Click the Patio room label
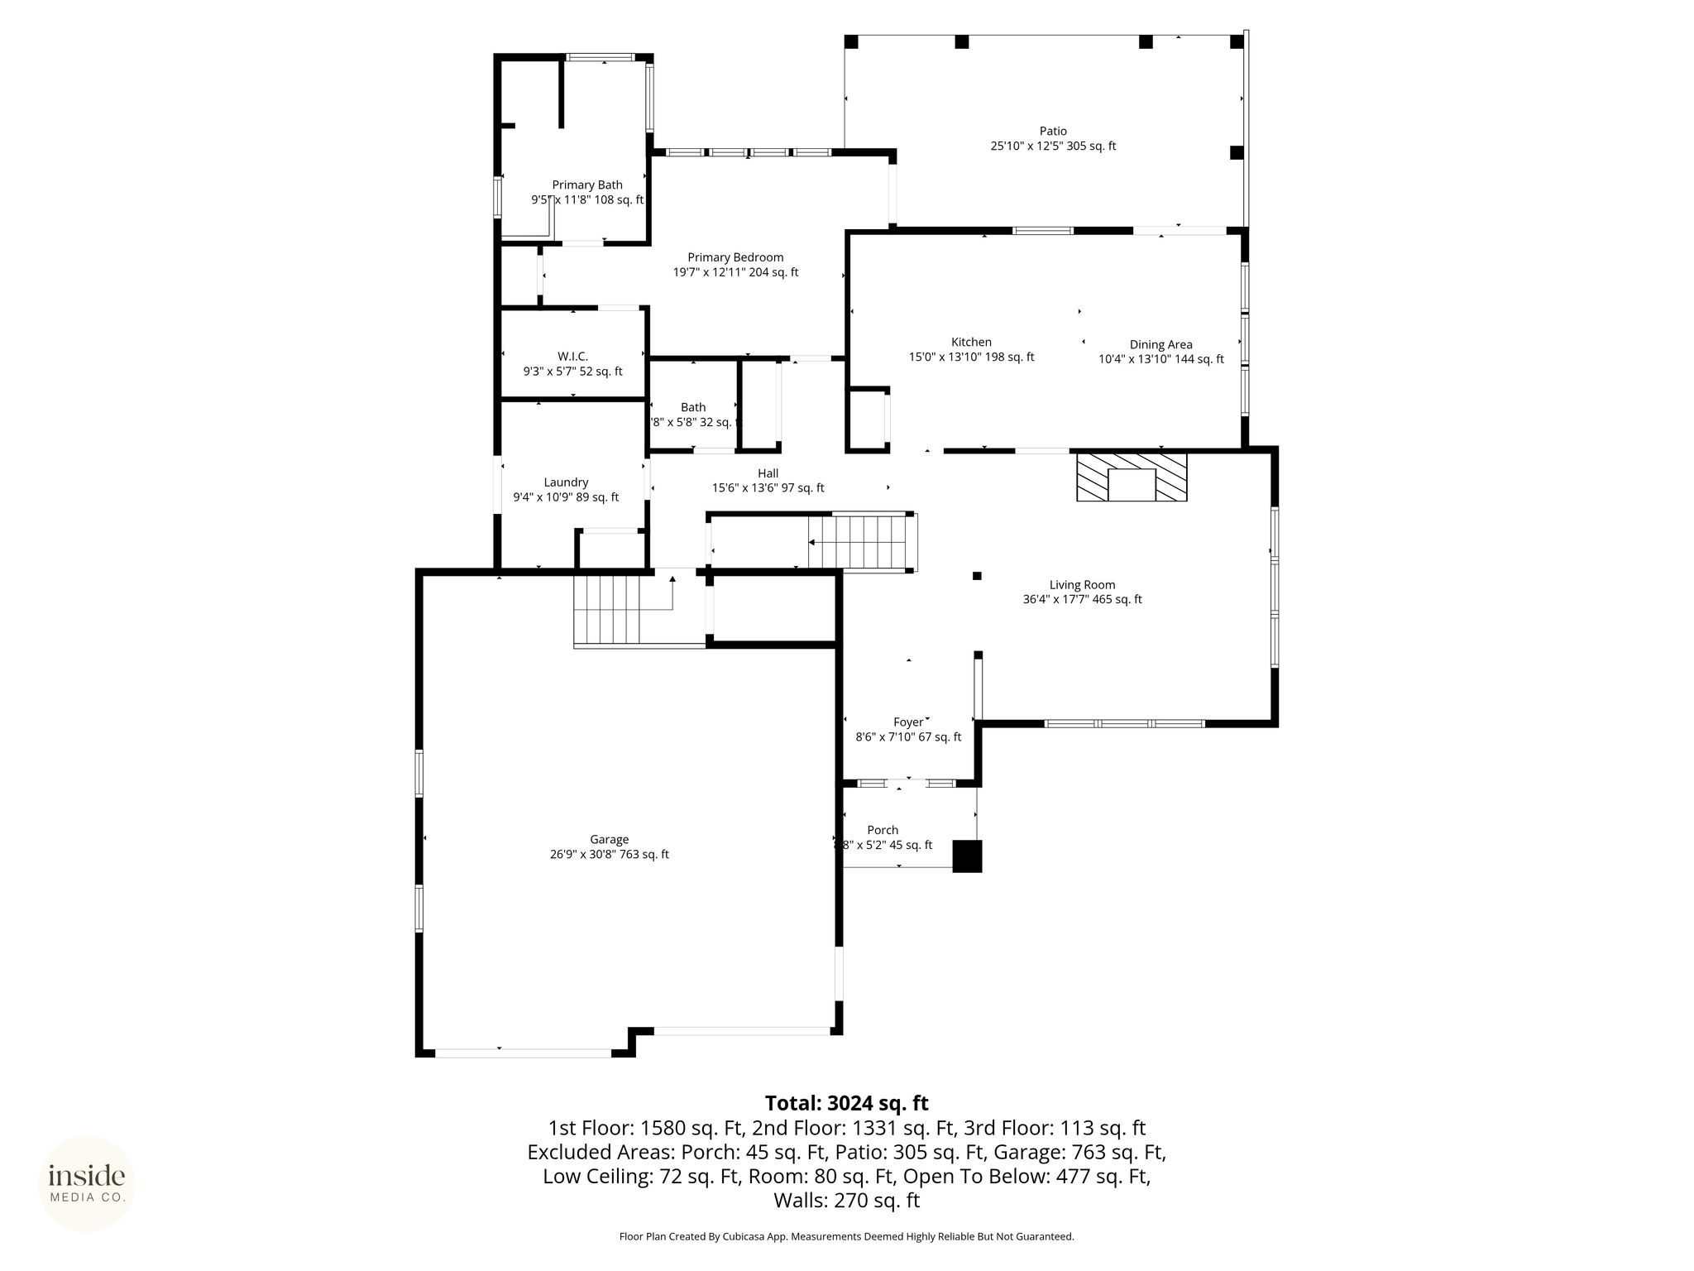(1053, 131)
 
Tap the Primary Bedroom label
(735, 257)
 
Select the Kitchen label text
(971, 342)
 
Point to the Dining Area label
(1160, 344)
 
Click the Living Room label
(1082, 585)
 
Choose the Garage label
(610, 840)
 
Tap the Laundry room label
(566, 482)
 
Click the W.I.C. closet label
(572, 357)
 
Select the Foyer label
(907, 722)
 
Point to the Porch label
(883, 830)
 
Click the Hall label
(768, 473)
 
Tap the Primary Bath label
(587, 185)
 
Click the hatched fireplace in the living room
(1132, 477)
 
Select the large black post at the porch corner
(967, 856)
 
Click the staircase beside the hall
(863, 542)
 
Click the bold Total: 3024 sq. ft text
(846, 1103)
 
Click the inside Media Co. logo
(87, 1183)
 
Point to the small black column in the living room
(977, 576)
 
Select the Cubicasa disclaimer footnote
(846, 1236)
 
